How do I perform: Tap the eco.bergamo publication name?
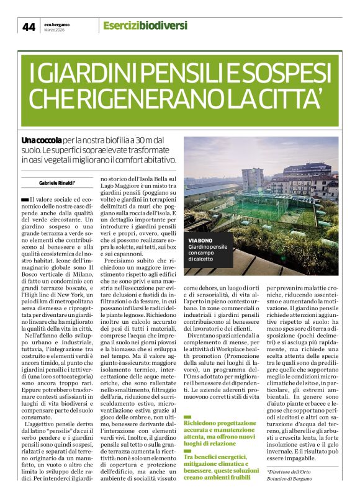click(56, 24)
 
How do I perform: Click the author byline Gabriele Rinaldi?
click(57, 182)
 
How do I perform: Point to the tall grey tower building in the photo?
click(252, 179)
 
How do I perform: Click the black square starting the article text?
click(25, 199)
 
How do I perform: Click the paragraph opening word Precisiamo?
click(122, 262)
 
